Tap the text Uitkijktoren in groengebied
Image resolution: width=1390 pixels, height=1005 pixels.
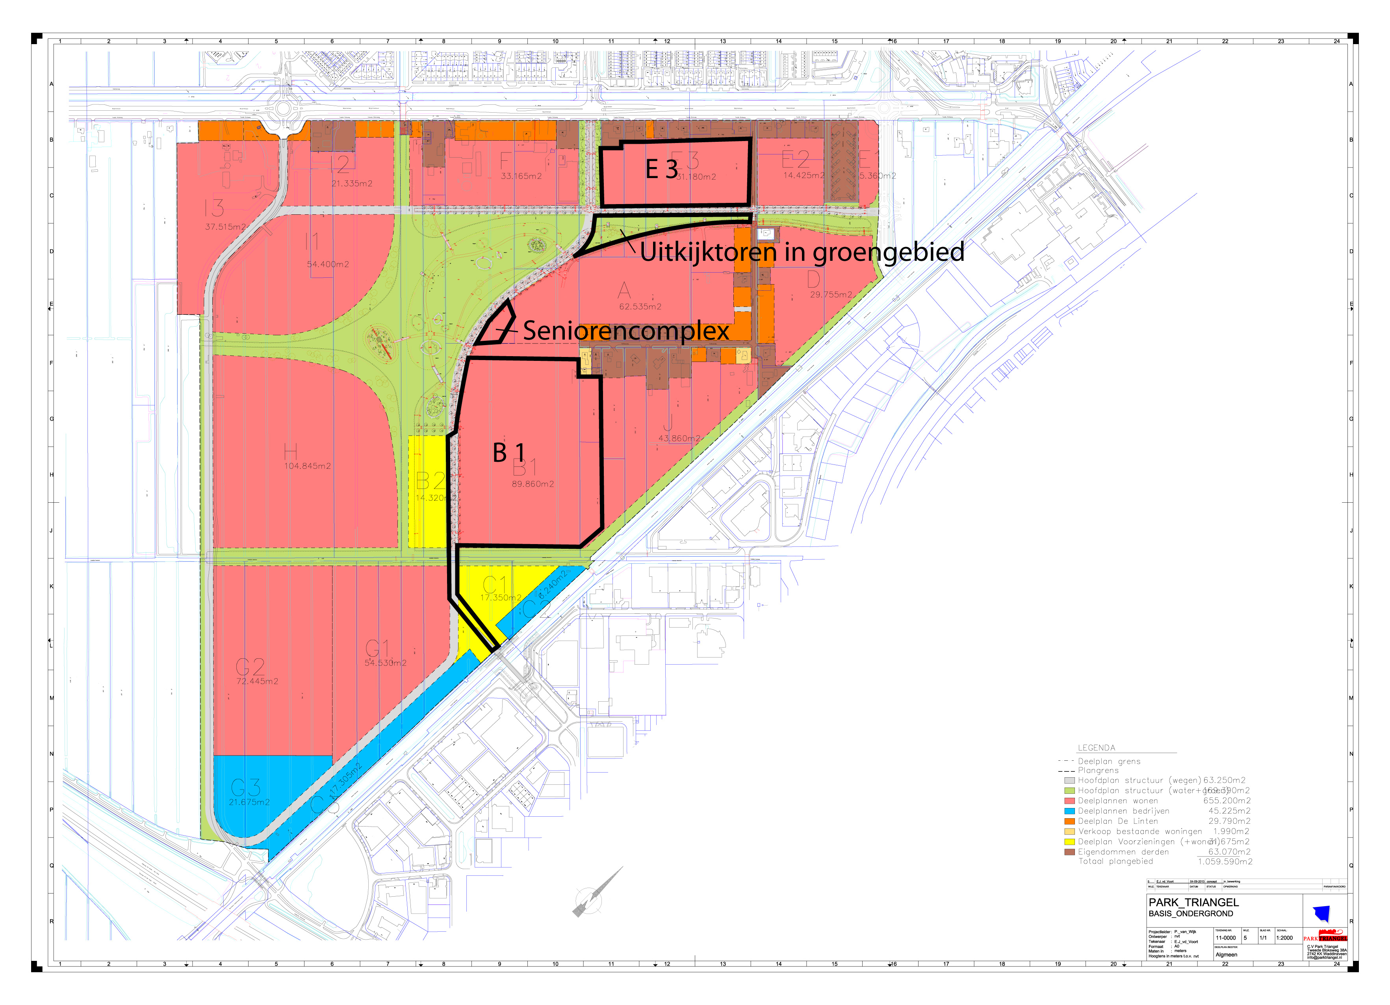tap(802, 252)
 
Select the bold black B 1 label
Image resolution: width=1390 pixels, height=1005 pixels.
tap(508, 453)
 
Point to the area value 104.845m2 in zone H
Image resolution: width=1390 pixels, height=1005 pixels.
tap(307, 466)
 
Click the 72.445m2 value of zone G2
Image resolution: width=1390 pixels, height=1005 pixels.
tap(258, 681)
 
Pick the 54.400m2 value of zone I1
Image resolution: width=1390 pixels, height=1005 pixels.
tap(328, 264)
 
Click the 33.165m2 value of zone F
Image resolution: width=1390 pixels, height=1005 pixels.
tap(521, 176)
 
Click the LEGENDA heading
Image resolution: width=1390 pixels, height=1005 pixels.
tap(1097, 747)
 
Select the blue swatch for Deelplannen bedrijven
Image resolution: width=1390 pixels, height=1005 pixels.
tap(1069, 811)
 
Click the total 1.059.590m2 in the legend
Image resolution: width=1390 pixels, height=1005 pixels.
tap(1225, 862)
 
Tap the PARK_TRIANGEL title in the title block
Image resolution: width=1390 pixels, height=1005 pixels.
tap(1193, 902)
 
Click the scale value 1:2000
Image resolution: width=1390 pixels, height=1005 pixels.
tap(1284, 938)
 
